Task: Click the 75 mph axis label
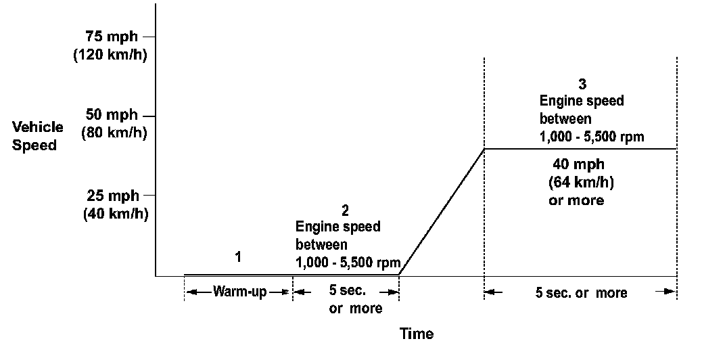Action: point(112,37)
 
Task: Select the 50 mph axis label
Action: point(112,114)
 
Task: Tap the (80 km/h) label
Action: point(114,133)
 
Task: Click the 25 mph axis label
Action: point(113,196)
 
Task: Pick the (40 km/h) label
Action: point(115,213)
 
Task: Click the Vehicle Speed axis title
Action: point(38,136)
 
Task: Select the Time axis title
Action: point(417,333)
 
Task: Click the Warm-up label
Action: point(239,292)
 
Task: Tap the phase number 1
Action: point(238,256)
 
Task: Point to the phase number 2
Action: point(346,210)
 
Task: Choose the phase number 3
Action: point(582,85)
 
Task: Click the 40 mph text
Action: point(578,164)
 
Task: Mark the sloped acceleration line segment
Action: point(442,212)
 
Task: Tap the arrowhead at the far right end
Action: point(670,292)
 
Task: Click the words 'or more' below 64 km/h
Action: point(576,201)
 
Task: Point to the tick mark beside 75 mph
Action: point(149,37)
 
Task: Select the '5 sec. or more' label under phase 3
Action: point(581,293)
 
